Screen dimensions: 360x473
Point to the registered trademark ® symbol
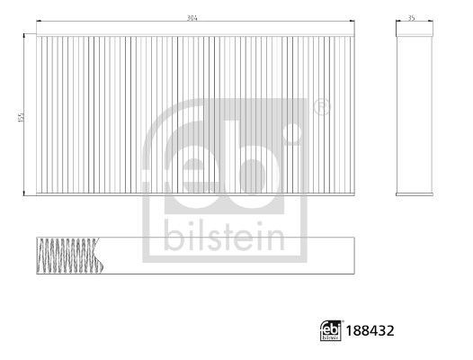click(x=321, y=108)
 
